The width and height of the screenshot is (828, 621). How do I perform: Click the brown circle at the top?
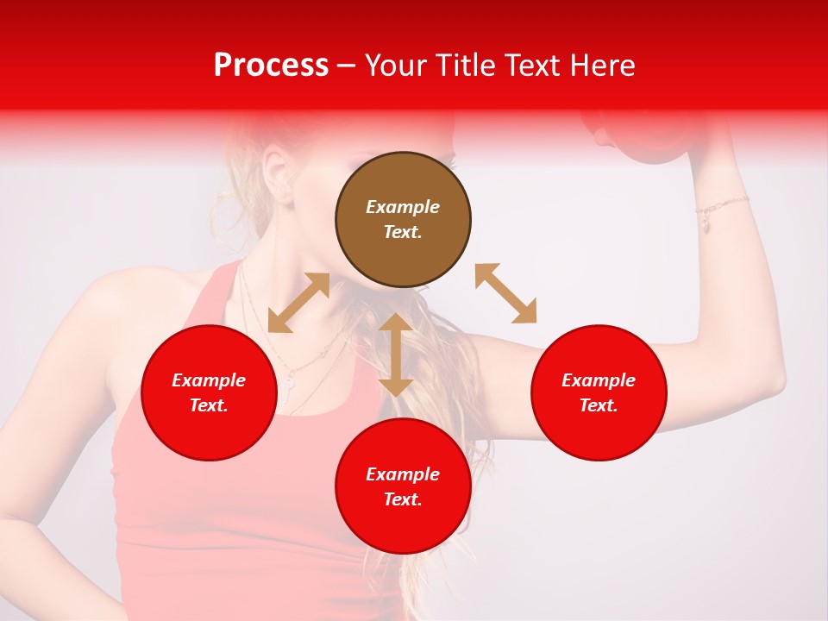click(403, 219)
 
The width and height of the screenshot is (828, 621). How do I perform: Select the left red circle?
click(209, 392)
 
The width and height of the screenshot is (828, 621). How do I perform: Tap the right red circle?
click(599, 392)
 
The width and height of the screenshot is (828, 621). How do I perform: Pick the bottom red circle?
click(403, 486)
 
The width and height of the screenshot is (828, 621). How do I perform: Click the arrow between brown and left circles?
click(298, 303)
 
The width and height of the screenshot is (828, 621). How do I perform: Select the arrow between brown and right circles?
click(505, 293)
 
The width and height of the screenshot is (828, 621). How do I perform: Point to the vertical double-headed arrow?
click(396, 354)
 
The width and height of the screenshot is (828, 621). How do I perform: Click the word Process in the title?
click(271, 66)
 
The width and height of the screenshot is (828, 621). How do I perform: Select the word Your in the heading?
click(394, 66)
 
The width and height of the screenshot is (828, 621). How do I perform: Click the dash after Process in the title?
click(347, 66)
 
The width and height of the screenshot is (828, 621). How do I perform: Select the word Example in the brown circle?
click(403, 207)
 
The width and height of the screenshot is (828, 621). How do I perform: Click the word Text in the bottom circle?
click(401, 499)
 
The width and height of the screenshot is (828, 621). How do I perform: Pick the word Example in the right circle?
click(599, 380)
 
